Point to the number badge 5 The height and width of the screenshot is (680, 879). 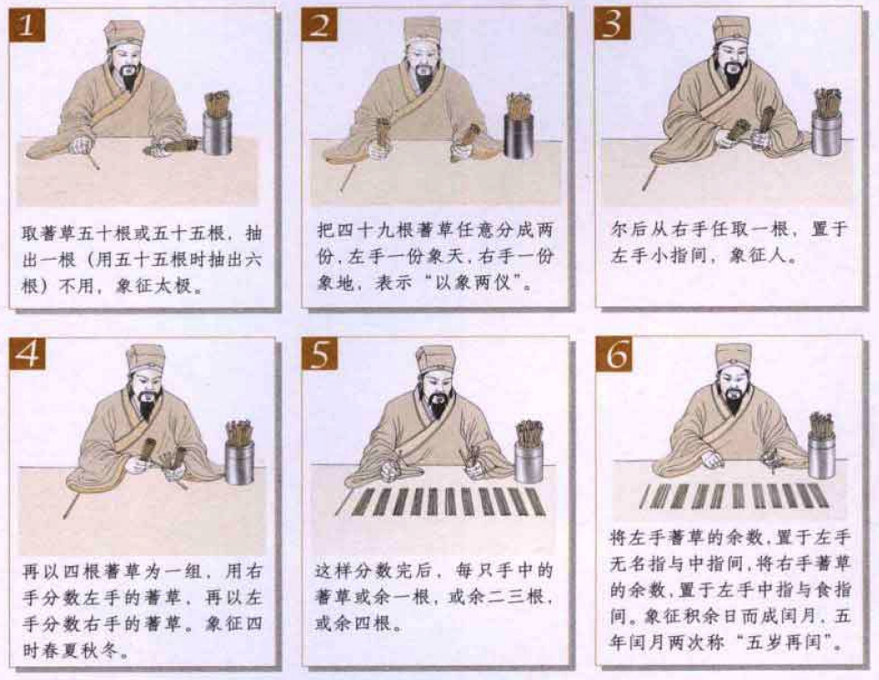(320, 354)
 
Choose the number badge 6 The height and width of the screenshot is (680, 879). (613, 354)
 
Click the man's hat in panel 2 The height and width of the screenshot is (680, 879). (421, 31)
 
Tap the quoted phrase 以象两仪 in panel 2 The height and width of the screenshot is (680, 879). (489, 284)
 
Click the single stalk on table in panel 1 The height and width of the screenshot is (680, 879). (93, 162)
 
